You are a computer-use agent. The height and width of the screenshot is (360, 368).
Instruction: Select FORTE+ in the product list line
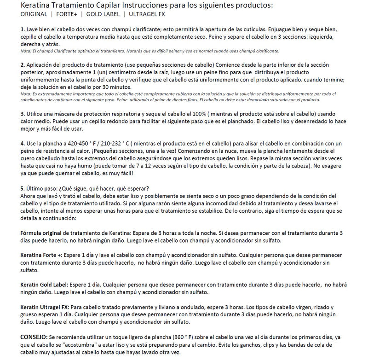67,14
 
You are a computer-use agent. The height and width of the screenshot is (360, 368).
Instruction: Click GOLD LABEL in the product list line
106,14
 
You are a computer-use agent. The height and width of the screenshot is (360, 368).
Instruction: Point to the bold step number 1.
23,29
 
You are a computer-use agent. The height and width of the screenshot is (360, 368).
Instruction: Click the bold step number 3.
23,113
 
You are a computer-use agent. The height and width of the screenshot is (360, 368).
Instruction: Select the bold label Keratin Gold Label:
44,285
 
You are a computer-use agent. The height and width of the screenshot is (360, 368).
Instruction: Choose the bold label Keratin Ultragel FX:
46,307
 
